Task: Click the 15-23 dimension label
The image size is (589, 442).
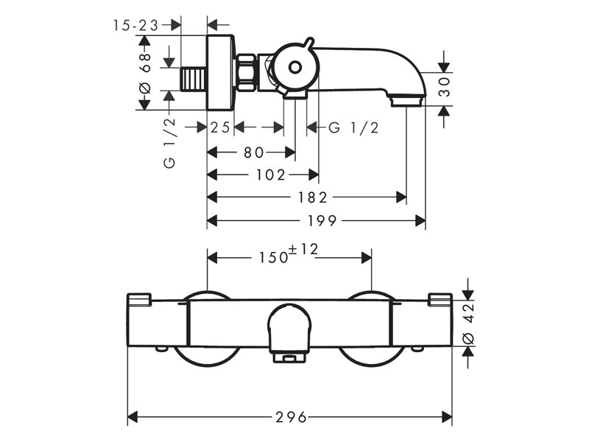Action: (x=136, y=25)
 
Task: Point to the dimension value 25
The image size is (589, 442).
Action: (x=220, y=127)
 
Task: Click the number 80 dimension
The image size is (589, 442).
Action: (x=253, y=152)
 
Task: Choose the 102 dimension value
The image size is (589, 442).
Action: (x=271, y=175)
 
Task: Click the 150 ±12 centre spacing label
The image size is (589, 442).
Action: (x=287, y=256)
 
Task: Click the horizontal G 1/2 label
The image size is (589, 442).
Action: (x=353, y=127)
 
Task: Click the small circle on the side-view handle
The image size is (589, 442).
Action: (x=294, y=68)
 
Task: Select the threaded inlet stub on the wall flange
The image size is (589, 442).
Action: (x=193, y=77)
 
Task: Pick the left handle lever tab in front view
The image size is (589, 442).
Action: (x=139, y=300)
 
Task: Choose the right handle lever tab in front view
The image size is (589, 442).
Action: (x=440, y=299)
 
